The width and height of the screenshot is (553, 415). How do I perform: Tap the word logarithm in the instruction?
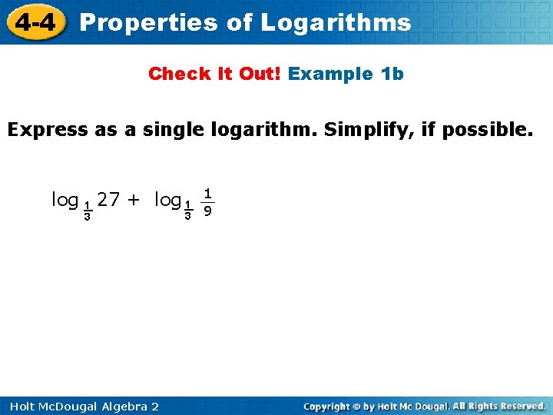(247, 129)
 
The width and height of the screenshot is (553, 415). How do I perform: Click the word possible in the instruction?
(486, 129)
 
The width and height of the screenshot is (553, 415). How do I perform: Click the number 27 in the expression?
(108, 200)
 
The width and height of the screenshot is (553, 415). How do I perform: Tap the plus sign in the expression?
(134, 201)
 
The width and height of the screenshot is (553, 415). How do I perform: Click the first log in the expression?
(65, 201)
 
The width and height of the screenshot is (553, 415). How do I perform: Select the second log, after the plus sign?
(167, 201)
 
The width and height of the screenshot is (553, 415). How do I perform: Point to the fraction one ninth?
(207, 201)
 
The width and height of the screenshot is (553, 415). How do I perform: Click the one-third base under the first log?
(88, 211)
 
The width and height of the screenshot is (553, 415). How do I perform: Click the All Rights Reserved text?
(499, 406)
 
